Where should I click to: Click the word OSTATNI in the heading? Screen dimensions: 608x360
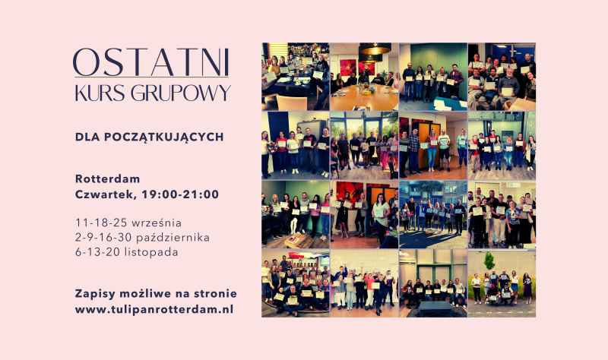pos(150,62)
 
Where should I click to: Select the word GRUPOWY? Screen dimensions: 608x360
pos(181,93)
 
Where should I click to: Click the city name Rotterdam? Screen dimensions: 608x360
pos(107,179)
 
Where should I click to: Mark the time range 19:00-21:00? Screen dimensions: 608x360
pos(180,194)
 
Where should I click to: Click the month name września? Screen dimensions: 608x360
pos(157,223)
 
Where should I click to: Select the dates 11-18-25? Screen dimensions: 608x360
pos(102,223)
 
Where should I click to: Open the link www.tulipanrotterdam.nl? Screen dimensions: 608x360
pos(154,310)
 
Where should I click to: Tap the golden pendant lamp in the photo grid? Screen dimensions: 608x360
pos(375,49)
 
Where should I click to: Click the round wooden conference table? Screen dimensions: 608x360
pos(364,97)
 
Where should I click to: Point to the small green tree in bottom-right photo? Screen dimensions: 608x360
pos(489,261)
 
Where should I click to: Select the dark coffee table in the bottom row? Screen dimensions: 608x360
pos(434,308)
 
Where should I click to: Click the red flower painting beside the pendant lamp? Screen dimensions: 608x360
pos(349,68)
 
